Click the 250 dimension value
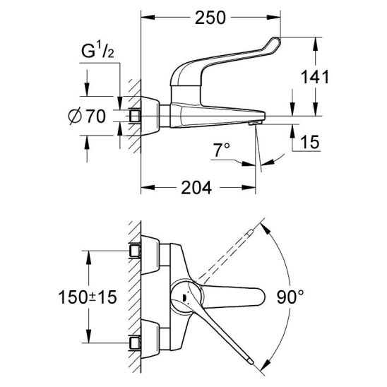click(x=210, y=18)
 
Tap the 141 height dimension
click(x=315, y=77)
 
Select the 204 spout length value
click(x=196, y=188)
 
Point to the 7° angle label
click(x=222, y=150)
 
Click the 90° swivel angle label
click(x=290, y=297)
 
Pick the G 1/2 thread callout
click(x=97, y=52)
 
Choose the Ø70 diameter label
click(x=87, y=117)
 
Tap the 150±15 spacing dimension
click(x=88, y=297)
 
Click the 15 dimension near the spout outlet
click(x=310, y=142)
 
